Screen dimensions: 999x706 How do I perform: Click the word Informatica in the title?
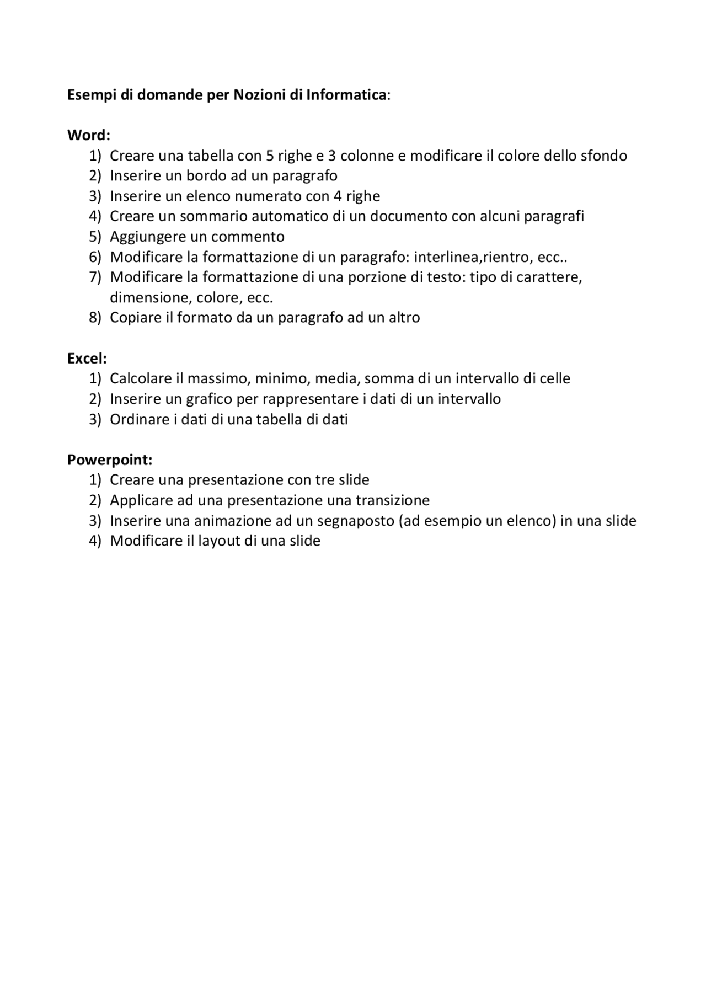point(346,95)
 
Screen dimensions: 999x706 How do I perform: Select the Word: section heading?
point(89,135)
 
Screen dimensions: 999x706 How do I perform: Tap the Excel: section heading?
point(87,359)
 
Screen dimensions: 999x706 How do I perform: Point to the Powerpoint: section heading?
point(110,460)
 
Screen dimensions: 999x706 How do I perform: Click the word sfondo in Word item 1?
point(604,156)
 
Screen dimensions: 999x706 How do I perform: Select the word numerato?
point(269,196)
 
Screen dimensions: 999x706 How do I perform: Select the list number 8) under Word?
point(95,318)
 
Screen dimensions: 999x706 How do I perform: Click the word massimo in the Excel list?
point(218,378)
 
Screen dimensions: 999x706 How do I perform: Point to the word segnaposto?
point(347,521)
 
